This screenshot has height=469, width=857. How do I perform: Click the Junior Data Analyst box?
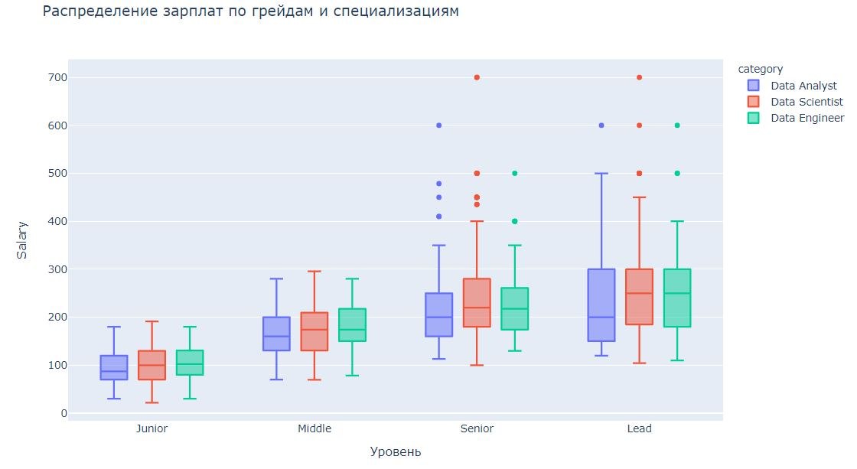click(x=114, y=367)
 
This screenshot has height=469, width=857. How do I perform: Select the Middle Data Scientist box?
click(x=314, y=331)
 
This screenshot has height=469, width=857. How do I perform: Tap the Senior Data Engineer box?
click(x=514, y=308)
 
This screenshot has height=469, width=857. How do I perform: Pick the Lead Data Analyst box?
click(x=601, y=305)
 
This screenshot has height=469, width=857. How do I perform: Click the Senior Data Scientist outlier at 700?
click(x=477, y=77)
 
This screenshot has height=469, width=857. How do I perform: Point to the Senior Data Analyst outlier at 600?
click(x=439, y=125)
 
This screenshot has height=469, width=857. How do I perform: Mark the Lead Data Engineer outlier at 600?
click(x=677, y=125)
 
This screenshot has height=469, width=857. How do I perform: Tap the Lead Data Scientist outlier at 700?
click(x=639, y=77)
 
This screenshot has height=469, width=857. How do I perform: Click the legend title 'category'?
click(x=765, y=69)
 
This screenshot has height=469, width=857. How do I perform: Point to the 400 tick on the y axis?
click(x=57, y=222)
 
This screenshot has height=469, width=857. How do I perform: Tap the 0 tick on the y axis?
click(x=64, y=413)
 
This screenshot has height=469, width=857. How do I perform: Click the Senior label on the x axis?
click(x=477, y=428)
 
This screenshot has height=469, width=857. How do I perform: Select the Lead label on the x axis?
click(x=639, y=428)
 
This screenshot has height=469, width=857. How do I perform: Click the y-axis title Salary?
click(x=23, y=241)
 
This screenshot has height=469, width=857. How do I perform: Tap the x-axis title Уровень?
click(x=395, y=451)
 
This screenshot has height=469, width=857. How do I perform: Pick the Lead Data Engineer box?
click(x=677, y=298)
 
